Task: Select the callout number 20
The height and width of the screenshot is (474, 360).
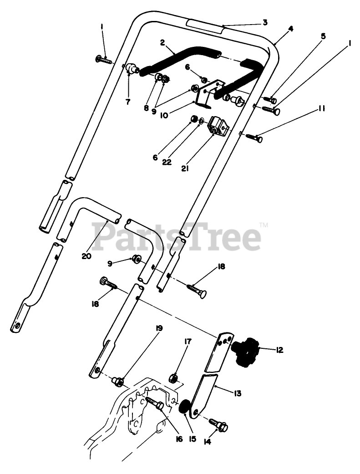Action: click(87, 256)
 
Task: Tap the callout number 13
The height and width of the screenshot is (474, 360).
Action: click(238, 393)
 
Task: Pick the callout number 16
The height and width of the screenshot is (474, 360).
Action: click(178, 439)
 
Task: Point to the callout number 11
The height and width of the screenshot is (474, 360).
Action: click(321, 108)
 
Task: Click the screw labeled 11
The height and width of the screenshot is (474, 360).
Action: click(254, 137)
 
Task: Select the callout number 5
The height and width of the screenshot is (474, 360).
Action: click(323, 36)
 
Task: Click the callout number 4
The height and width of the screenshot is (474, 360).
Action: click(290, 28)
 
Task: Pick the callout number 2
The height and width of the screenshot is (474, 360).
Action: click(162, 42)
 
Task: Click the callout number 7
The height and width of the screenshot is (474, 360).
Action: click(127, 102)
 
